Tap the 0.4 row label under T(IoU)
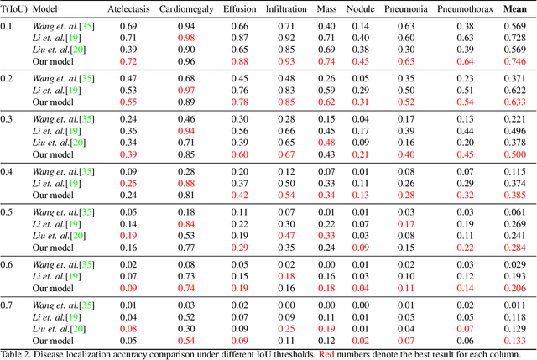point(8,171)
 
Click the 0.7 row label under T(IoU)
point(8,305)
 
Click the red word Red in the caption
point(327,353)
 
